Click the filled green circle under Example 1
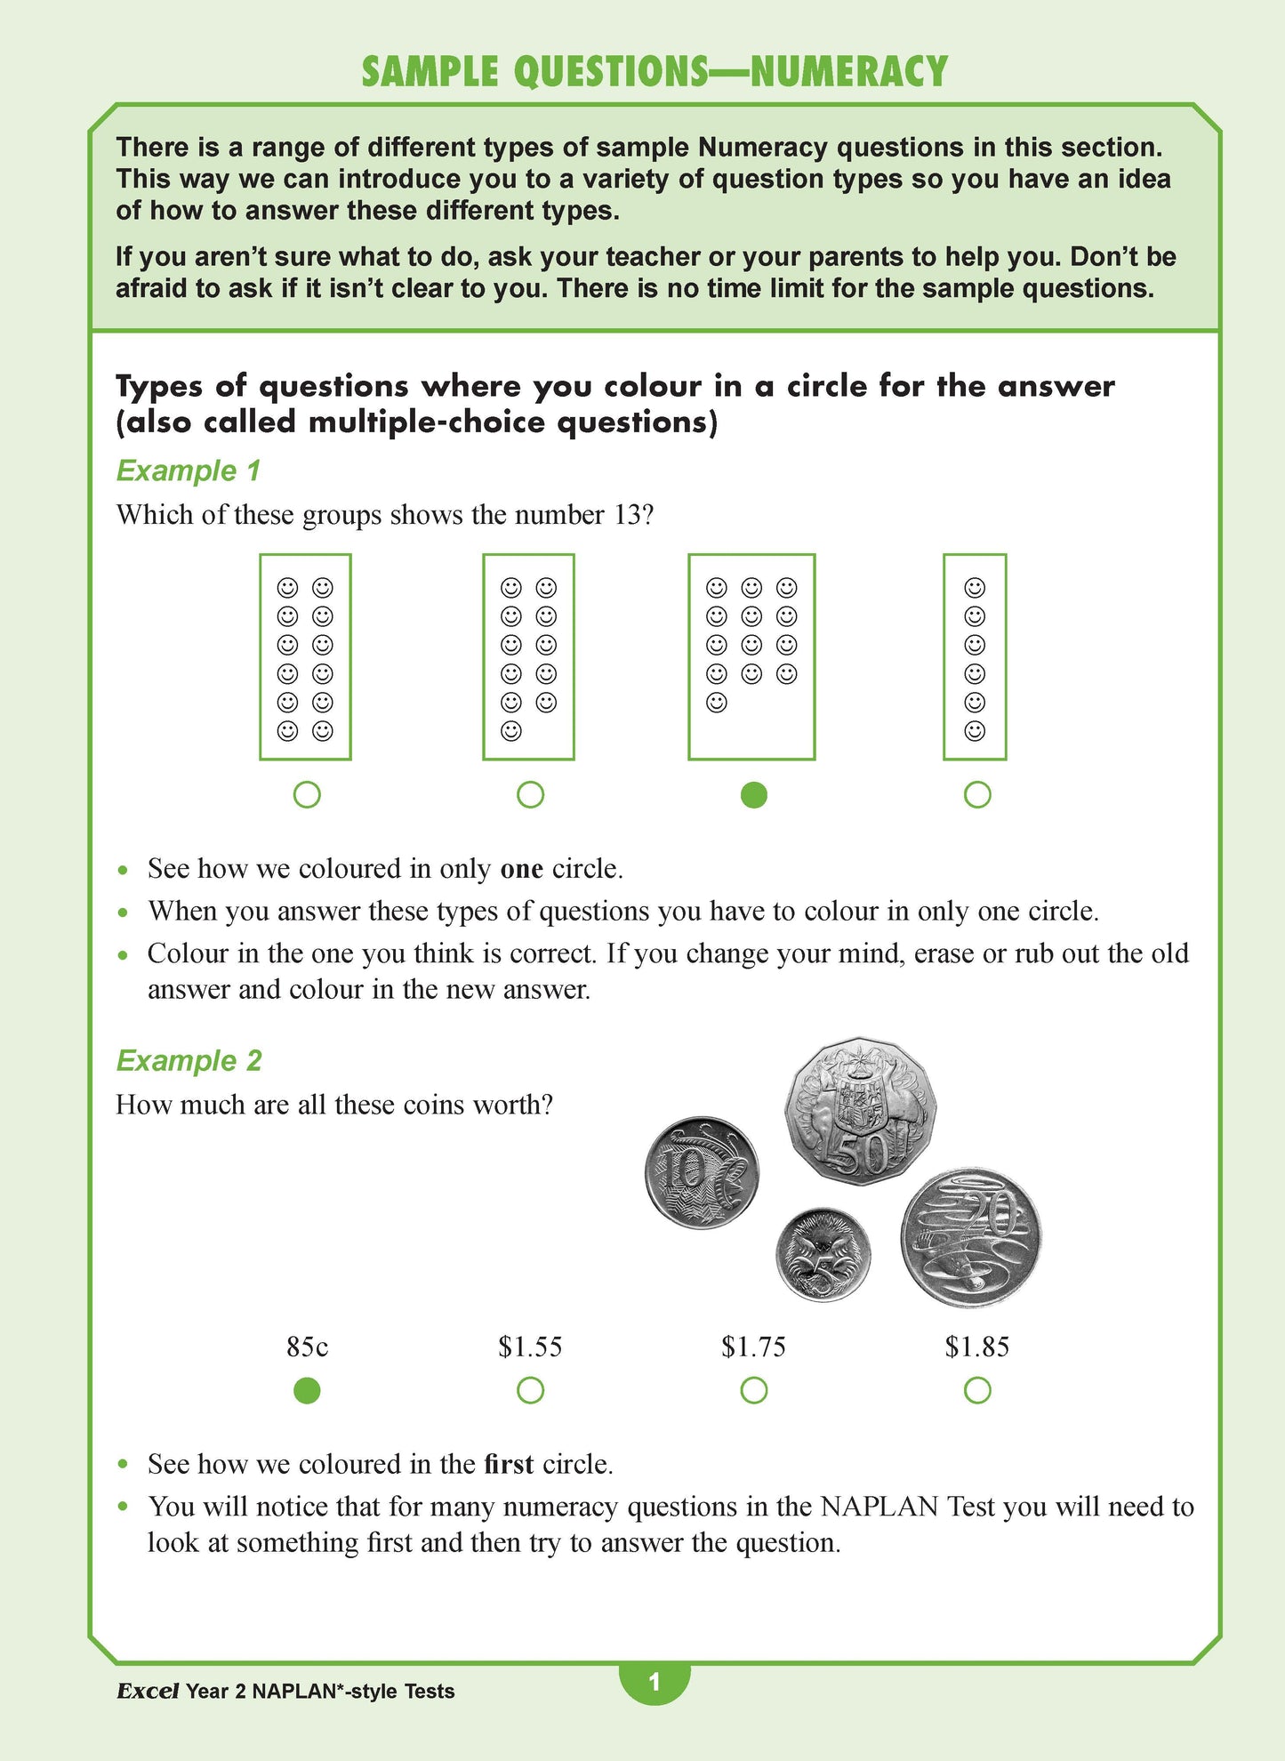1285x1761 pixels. pos(753,795)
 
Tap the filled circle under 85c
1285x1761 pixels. pos(307,1390)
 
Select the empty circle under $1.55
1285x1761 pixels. pos(530,1390)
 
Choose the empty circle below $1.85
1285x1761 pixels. pos(976,1390)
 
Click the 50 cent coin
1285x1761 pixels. pos(860,1112)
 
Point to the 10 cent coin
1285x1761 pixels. pos(702,1173)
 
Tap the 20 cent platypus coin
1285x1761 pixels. pos(970,1238)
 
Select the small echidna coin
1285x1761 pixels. pos(823,1254)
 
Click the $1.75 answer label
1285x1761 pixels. pos(753,1347)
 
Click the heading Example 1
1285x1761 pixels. pos(188,470)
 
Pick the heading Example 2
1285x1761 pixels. pos(189,1060)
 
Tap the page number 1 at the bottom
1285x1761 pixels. pos(655,1682)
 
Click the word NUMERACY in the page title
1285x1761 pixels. pos(848,72)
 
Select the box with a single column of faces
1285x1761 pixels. pos(975,657)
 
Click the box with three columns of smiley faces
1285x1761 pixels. pos(751,657)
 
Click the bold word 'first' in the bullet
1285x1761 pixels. pos(509,1464)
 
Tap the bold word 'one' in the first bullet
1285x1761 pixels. pos(521,869)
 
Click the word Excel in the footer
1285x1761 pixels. pos(148,1691)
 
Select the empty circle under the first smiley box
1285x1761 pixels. pos(306,795)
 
